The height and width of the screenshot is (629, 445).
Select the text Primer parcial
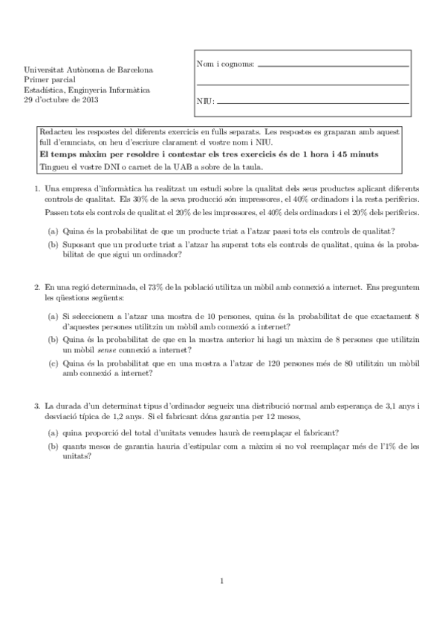46,79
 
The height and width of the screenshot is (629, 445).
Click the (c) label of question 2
53,363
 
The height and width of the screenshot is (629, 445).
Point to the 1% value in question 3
389,447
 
